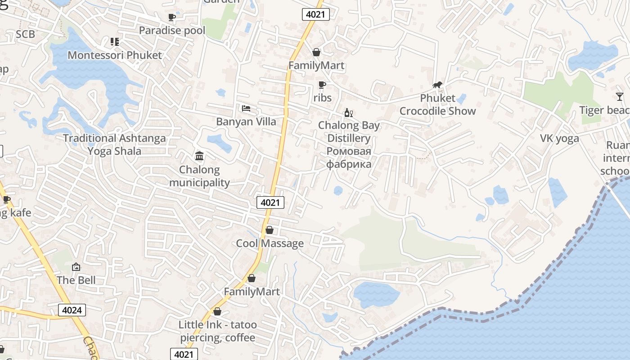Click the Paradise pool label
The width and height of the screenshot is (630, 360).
[x=172, y=31]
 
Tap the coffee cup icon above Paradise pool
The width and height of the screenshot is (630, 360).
[x=171, y=18]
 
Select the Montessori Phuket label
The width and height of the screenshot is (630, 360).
[x=114, y=55]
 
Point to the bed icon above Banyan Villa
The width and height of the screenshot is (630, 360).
[x=246, y=108]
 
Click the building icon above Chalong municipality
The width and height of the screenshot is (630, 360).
[x=199, y=156]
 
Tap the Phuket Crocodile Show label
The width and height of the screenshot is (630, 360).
[x=437, y=104]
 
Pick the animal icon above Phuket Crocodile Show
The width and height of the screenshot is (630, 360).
[x=437, y=85]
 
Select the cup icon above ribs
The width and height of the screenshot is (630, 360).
[x=322, y=85]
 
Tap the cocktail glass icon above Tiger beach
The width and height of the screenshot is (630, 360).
[x=620, y=97]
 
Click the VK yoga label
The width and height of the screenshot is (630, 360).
[x=559, y=138]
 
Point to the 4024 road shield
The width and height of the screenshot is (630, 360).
[x=72, y=310]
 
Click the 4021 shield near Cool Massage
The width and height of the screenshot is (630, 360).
[x=270, y=202]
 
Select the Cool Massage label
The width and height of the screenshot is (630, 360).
[x=270, y=243]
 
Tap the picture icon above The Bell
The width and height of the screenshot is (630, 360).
[x=76, y=267]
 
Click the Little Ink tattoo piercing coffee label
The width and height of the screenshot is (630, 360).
[x=218, y=331]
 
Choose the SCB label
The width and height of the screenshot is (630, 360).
[x=25, y=34]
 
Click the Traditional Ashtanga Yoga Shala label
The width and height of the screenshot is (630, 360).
[x=114, y=144]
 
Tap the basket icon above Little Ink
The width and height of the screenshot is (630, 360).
[x=217, y=311]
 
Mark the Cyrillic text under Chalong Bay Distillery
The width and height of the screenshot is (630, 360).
[x=349, y=157]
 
